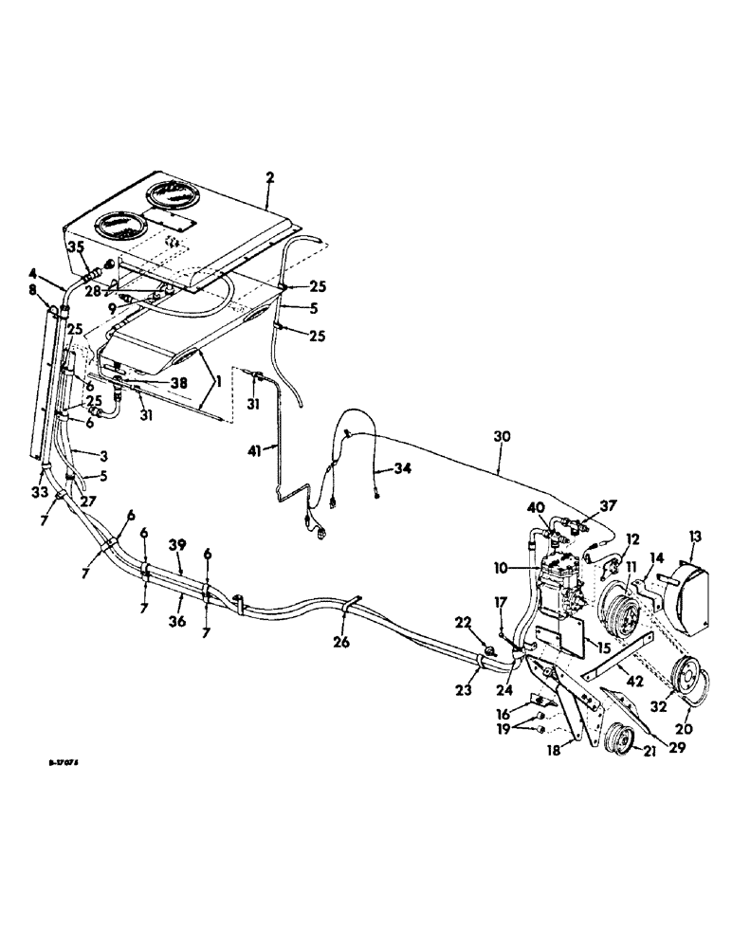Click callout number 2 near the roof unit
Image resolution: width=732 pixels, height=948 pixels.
click(270, 177)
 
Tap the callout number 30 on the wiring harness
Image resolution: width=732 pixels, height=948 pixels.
click(503, 439)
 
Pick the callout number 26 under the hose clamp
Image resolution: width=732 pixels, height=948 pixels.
click(342, 642)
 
